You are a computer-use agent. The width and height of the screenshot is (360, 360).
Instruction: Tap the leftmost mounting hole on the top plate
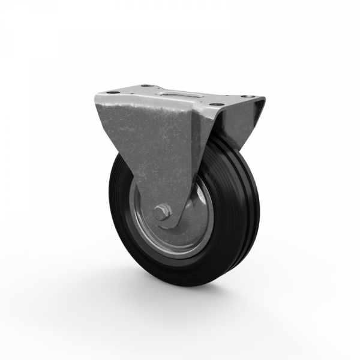tap(112, 93)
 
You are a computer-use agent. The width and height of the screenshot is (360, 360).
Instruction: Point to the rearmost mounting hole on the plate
tap(146, 86)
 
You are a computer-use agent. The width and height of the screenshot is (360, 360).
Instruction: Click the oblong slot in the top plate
tap(178, 94)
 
